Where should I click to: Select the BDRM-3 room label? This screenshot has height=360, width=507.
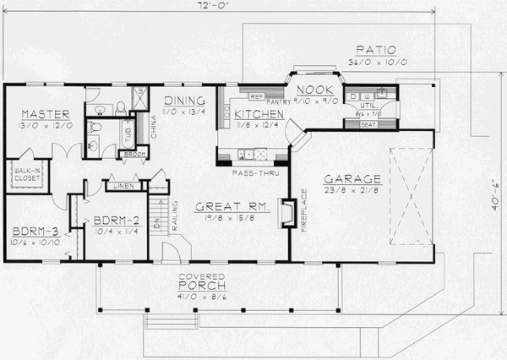(x=28, y=230)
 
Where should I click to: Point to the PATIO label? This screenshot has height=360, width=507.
(x=373, y=50)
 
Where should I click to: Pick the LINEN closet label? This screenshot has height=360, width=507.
(x=121, y=185)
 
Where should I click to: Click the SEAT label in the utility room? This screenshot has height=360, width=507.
(x=368, y=124)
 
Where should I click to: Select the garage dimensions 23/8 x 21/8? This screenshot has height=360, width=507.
(x=352, y=192)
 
